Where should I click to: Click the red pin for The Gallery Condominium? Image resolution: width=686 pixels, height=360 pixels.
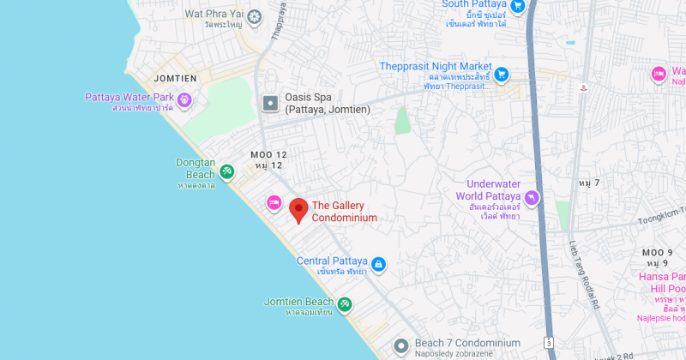pyautogui.click(x=298, y=209)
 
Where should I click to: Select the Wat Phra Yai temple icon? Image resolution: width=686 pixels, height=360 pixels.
pyautogui.click(x=253, y=18)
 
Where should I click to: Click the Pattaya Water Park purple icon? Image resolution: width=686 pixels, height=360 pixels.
pyautogui.click(x=183, y=102)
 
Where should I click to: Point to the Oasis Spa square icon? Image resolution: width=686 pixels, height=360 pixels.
pyautogui.click(x=270, y=104)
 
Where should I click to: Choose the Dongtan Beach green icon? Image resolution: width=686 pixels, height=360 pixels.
pyautogui.click(x=226, y=172)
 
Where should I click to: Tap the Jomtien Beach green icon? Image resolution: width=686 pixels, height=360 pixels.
pyautogui.click(x=344, y=304)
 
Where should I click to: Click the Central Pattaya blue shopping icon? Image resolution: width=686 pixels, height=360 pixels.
pyautogui.click(x=378, y=264)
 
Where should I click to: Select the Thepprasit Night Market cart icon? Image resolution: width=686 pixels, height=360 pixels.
pyautogui.click(x=502, y=74)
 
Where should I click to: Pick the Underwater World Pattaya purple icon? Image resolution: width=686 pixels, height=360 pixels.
pyautogui.click(x=532, y=198)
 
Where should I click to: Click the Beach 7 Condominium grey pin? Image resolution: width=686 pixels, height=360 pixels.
pyautogui.click(x=400, y=346)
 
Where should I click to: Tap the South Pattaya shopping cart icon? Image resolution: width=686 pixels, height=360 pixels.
pyautogui.click(x=517, y=6)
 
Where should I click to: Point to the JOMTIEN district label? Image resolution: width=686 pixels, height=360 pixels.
pyautogui.click(x=175, y=79)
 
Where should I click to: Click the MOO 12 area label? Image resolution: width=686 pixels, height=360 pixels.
pyautogui.click(x=268, y=154)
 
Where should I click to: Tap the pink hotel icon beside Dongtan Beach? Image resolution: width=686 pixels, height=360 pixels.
pyautogui.click(x=274, y=202)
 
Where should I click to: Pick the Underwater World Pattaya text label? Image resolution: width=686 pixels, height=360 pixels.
pyautogui.click(x=494, y=190)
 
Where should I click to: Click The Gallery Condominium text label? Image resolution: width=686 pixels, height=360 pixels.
pyautogui.click(x=344, y=211)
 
